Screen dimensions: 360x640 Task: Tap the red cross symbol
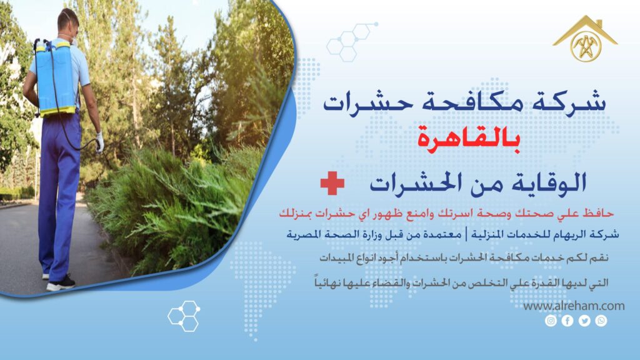pos(332,183)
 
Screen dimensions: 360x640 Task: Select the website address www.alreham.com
pos(573,306)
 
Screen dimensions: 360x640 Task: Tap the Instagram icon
pos(551,321)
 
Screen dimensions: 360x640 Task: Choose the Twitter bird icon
pos(584,321)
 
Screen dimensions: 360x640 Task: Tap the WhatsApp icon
pos(601,321)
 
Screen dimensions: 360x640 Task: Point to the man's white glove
pos(99,142)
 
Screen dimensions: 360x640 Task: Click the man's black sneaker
pos(61,283)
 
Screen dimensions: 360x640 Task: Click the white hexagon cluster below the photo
pos(184,316)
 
